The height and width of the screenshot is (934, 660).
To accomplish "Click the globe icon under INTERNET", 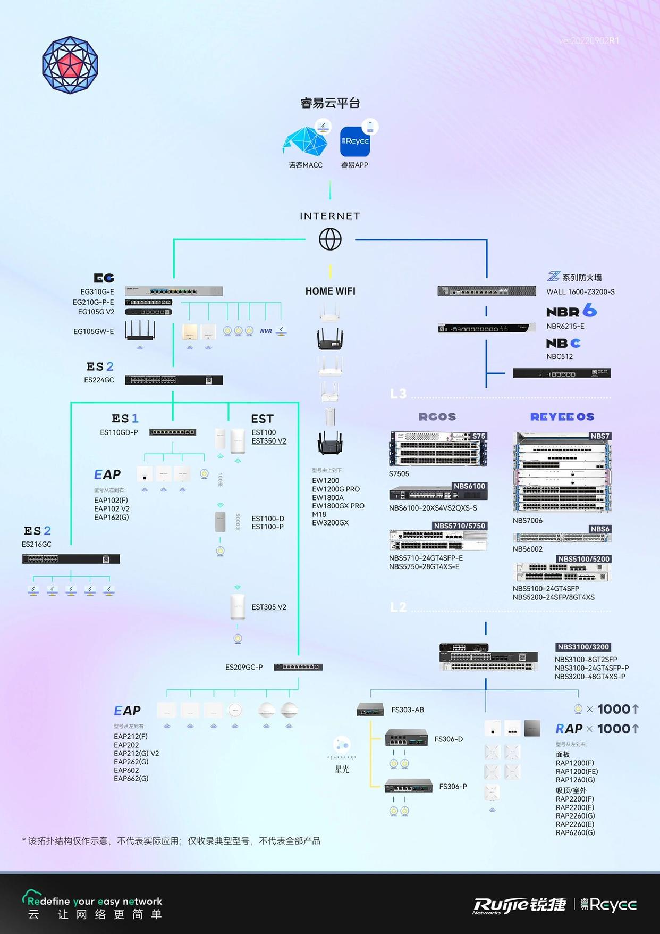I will (330, 239).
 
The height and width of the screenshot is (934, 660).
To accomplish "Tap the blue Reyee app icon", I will (354, 141).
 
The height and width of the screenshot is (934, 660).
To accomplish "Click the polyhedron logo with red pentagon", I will (70, 65).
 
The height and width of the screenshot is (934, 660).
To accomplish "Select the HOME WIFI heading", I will (330, 291).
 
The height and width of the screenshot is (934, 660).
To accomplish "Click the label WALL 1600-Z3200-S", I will (580, 292).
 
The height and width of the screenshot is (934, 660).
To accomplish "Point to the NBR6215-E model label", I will (565, 326).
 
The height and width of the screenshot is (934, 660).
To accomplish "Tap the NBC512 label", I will (560, 356).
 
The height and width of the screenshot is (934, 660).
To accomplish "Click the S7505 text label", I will (399, 473).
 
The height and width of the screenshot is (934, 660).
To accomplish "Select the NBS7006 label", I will (527, 520).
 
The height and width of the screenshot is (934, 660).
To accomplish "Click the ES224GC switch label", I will (99, 380).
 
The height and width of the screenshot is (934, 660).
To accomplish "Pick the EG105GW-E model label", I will (94, 331).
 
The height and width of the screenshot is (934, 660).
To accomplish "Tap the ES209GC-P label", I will (244, 667).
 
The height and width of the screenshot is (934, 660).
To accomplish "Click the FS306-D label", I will (449, 739).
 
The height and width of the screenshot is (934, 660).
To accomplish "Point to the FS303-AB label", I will (408, 710).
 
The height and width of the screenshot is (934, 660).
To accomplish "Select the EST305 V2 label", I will (269, 607).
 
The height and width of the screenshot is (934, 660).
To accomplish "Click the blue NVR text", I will (266, 331).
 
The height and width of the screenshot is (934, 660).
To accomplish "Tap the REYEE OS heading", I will (562, 417).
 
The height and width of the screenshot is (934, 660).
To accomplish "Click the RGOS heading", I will (437, 417).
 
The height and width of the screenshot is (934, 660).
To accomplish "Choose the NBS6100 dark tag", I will (469, 486).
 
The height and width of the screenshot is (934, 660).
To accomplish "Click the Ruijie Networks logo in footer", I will (520, 905).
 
